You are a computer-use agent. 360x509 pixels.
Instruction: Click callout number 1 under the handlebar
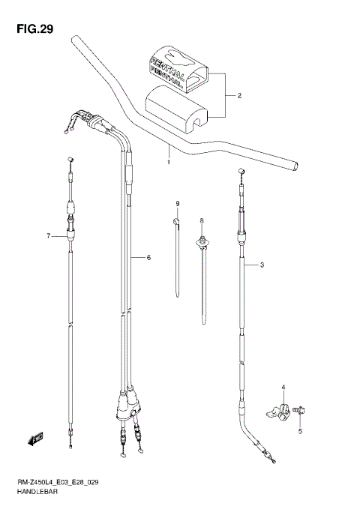click(x=169, y=161)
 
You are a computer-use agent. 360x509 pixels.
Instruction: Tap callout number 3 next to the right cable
click(x=262, y=265)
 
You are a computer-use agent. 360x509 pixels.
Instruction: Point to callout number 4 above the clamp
click(x=283, y=387)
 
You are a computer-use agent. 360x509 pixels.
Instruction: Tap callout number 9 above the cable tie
click(x=178, y=205)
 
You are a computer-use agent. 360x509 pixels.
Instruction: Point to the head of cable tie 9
click(x=176, y=222)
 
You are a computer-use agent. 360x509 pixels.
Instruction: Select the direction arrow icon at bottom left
click(x=35, y=437)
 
